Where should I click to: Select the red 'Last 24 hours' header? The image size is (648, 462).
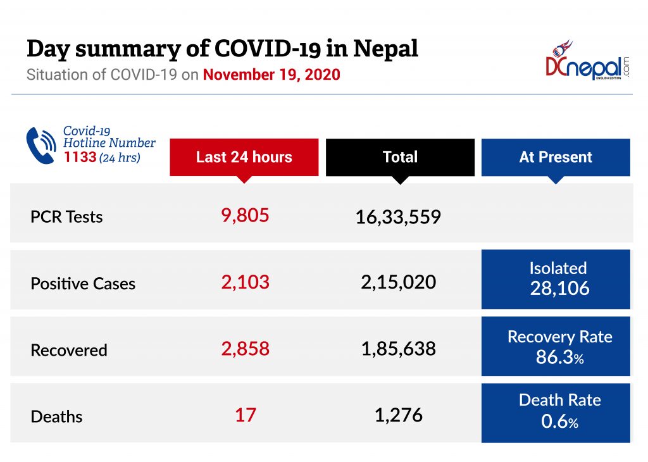tap(244, 157)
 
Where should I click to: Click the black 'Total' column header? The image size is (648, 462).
tap(400, 157)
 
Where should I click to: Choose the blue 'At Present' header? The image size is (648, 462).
tap(556, 157)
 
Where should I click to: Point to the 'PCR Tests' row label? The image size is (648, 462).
tap(66, 217)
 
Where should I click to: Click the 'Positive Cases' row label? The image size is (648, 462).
tap(83, 284)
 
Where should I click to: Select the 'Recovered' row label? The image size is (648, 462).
tap(69, 350)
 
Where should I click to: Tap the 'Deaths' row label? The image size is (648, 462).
tap(57, 416)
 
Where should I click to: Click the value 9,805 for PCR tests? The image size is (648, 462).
tap(245, 215)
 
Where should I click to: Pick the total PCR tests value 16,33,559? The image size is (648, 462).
tap(398, 218)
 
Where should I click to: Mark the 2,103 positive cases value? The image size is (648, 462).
tap(245, 282)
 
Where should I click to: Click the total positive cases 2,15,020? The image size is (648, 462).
tap(398, 282)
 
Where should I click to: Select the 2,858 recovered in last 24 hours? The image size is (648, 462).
tap(245, 348)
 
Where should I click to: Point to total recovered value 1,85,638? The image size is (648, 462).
tap(398, 348)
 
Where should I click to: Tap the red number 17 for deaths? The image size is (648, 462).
tap(245, 415)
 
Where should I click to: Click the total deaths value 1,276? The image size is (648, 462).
tap(398, 415)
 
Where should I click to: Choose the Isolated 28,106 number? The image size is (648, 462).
tap(559, 289)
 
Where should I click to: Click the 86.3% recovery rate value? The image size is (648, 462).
tap(559, 357)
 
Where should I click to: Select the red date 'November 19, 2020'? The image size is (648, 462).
tap(271, 75)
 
